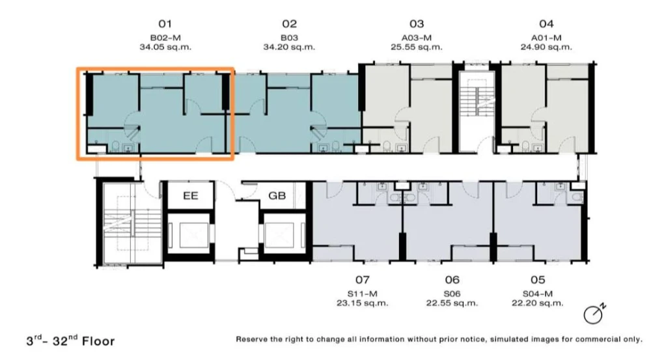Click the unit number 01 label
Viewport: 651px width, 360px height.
point(165,23)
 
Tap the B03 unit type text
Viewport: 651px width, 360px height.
point(290,38)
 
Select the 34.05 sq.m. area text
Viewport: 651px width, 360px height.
point(165,47)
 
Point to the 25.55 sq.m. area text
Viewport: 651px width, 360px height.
point(417,47)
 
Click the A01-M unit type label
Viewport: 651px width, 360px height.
point(546,38)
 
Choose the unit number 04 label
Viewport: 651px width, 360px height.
point(546,23)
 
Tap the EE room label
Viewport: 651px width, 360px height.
point(191,195)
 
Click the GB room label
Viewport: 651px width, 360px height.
point(277,195)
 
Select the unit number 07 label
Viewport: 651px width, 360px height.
point(363,280)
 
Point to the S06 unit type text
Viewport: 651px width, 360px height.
point(452,294)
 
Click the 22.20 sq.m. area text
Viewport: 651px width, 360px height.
point(538,303)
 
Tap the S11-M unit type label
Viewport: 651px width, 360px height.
point(363,294)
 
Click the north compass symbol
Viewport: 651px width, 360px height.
point(594,314)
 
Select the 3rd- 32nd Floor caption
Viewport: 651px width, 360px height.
point(70,340)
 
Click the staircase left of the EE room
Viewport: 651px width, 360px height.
point(132,223)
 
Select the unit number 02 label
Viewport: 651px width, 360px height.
point(290,23)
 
